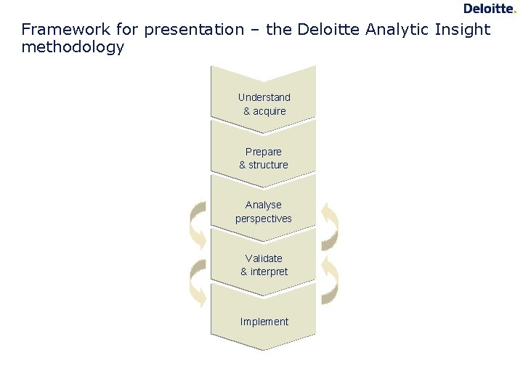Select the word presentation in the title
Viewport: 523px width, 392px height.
(x=194, y=30)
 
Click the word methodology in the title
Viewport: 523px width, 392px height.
(x=73, y=47)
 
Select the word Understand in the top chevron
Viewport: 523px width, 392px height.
(x=264, y=97)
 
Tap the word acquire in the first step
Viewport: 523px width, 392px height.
(x=269, y=111)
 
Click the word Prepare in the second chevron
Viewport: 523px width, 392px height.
(x=264, y=152)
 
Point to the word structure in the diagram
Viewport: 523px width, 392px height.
(x=269, y=165)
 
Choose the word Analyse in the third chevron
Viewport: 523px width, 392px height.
(x=264, y=205)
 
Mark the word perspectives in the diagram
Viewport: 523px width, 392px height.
(x=264, y=219)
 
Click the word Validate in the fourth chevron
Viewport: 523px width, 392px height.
(x=264, y=258)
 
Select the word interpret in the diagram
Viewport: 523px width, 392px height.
(x=269, y=271)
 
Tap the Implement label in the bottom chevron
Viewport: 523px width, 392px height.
(x=264, y=322)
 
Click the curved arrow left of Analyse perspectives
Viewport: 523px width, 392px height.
(x=198, y=225)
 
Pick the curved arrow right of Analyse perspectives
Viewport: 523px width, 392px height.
(x=331, y=225)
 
